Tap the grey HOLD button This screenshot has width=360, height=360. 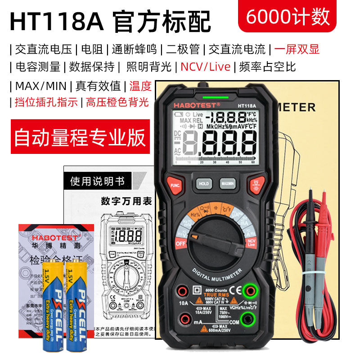(x=204, y=184)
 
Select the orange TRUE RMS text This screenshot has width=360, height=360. (x=212, y=295)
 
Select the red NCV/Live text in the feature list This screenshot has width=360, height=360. (x=205, y=67)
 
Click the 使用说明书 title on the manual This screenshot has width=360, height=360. (x=97, y=181)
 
